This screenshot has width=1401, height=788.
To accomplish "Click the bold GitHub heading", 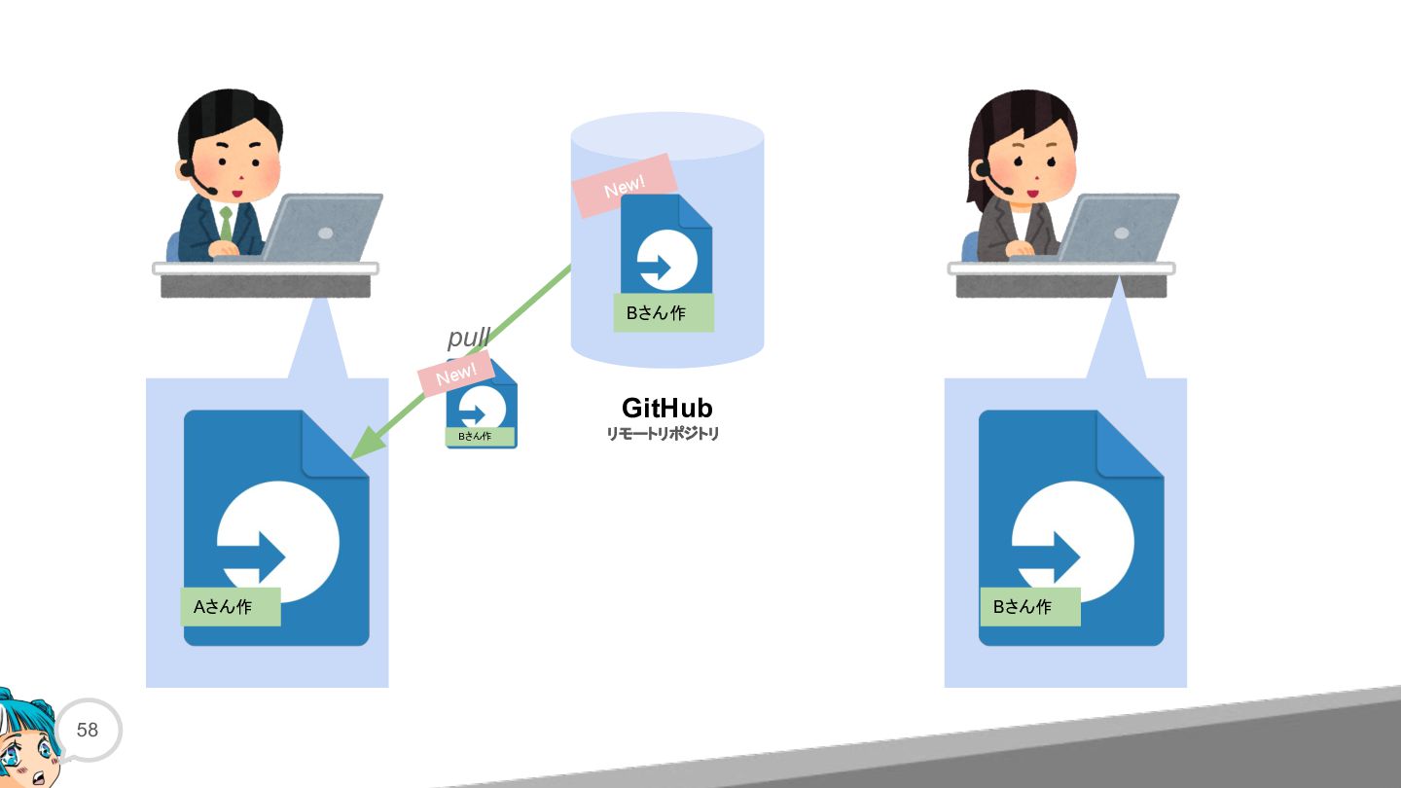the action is tap(666, 408).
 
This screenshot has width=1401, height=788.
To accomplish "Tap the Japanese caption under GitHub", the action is tap(663, 434).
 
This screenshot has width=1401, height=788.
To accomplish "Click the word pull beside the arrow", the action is tap(469, 339).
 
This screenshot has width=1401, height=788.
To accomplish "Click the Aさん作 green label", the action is tap(231, 607).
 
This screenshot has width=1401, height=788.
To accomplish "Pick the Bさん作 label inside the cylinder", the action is tap(664, 312).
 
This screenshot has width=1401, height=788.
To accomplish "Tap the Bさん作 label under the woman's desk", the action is tap(1030, 607).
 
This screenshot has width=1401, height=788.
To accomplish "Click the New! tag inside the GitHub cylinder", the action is tap(625, 186).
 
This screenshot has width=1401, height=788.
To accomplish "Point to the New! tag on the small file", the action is tap(456, 374).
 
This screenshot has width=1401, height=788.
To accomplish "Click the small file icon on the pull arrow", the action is tap(482, 404).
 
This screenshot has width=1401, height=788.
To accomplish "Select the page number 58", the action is tap(88, 730).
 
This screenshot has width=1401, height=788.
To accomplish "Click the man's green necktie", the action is tap(226, 224).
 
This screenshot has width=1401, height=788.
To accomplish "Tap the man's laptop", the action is tap(322, 228).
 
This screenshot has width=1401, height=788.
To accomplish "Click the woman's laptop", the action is tap(1118, 228).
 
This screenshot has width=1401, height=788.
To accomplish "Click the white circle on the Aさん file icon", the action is tap(278, 542).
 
